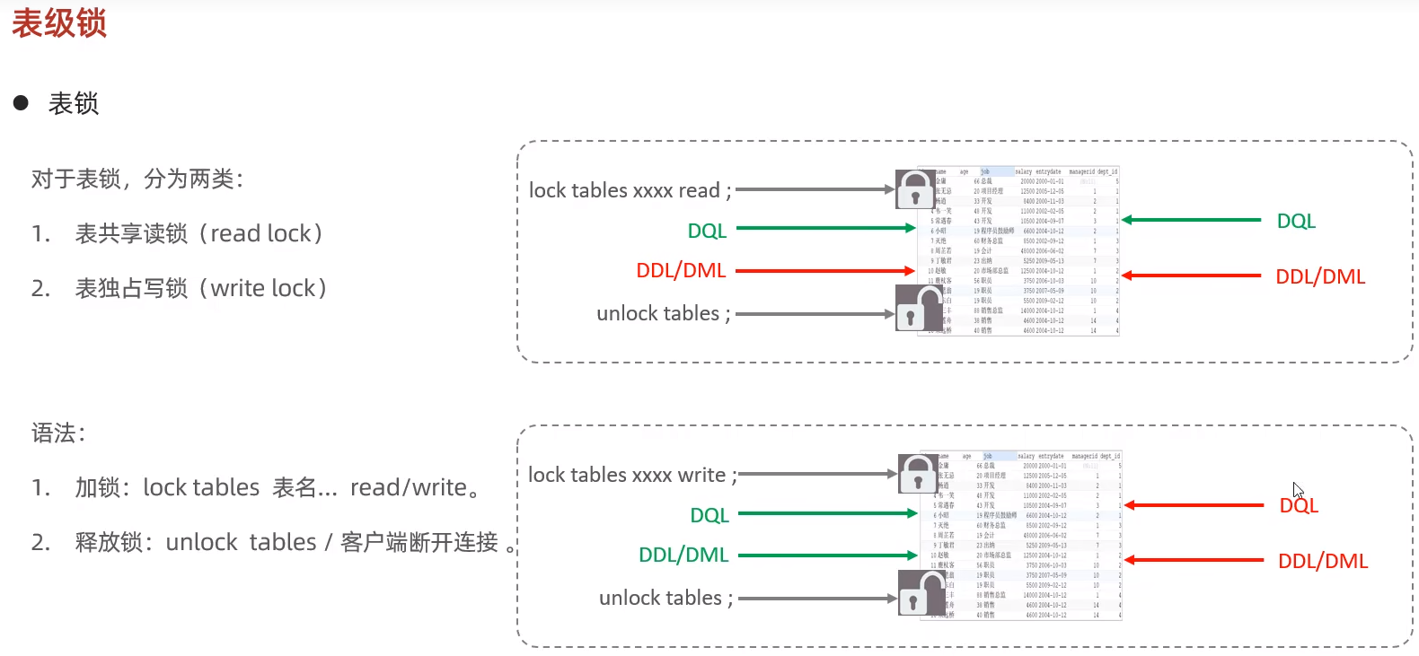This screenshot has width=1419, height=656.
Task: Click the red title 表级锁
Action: (x=59, y=23)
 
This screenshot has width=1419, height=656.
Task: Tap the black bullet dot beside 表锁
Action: (x=21, y=103)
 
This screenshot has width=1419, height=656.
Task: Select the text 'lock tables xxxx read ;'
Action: (x=630, y=190)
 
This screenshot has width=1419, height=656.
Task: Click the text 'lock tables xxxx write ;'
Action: (x=632, y=475)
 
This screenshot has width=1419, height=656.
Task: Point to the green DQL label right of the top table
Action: (x=1296, y=221)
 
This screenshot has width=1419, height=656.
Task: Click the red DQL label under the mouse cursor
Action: (x=1299, y=506)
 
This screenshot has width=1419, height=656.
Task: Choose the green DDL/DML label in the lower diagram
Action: (x=683, y=555)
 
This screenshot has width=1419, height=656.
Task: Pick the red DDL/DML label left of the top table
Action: (x=681, y=271)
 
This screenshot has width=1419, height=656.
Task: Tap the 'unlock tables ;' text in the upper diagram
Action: (x=664, y=313)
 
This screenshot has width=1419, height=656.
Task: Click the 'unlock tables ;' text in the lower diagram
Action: (x=665, y=598)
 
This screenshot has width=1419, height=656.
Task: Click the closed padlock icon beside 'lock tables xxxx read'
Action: (x=914, y=189)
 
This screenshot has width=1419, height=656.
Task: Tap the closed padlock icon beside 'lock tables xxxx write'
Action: (x=917, y=473)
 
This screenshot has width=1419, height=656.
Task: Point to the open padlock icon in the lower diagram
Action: (x=920, y=592)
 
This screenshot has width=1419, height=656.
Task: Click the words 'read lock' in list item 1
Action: (x=260, y=233)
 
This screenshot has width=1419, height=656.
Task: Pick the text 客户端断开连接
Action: (x=419, y=542)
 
